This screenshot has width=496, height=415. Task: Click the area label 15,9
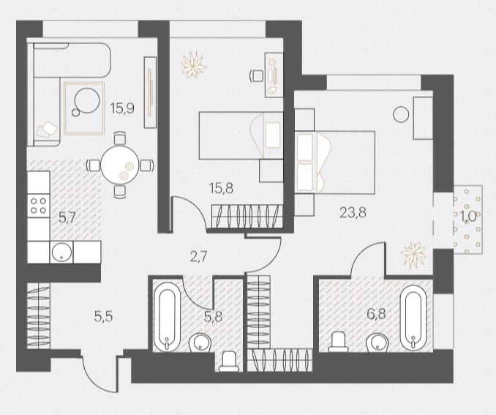(122, 108)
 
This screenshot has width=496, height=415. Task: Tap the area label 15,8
(221, 188)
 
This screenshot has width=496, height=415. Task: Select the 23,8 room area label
(353, 212)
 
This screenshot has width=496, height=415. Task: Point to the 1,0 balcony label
(468, 217)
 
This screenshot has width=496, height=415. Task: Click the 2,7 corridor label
(198, 256)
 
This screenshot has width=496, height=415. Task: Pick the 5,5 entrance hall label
(103, 316)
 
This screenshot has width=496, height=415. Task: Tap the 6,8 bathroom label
(376, 314)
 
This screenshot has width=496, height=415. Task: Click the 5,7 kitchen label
(67, 217)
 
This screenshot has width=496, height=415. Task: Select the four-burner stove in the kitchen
(38, 206)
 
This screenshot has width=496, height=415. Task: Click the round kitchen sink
(61, 253)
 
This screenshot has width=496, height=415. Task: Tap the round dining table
(119, 165)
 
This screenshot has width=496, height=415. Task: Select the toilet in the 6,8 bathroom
(338, 342)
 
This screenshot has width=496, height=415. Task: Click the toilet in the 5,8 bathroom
(229, 362)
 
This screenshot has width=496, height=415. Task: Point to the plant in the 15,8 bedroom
(193, 64)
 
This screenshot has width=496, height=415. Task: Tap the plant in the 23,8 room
(413, 255)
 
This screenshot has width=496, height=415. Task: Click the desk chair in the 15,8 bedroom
(257, 76)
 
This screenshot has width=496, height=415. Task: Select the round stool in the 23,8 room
(401, 115)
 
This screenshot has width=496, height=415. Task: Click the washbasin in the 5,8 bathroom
(200, 343)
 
